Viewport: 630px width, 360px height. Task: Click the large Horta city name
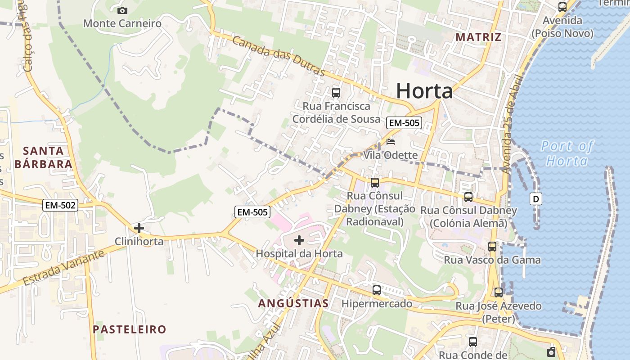[424, 91]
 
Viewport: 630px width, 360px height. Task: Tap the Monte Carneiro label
[122, 23]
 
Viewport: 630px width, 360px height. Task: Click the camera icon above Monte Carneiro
[122, 10]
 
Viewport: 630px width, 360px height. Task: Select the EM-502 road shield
[61, 206]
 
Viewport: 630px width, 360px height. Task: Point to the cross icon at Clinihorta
[139, 228]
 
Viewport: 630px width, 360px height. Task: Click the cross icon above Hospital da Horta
[299, 240]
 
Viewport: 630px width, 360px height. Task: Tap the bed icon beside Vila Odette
[391, 142]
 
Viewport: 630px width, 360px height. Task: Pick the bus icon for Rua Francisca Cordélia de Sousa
[336, 93]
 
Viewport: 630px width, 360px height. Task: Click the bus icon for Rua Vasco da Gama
[492, 247]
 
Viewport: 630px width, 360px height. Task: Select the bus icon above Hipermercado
[377, 290]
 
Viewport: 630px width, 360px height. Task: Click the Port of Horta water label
[567, 153]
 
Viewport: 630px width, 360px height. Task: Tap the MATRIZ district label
[478, 37]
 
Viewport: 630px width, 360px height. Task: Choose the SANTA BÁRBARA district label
[43, 157]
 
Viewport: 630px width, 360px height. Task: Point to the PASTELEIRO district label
[130, 329]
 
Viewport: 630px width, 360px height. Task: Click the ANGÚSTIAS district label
[293, 303]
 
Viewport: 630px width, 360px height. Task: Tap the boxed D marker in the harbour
[536, 198]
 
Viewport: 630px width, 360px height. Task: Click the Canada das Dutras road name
[279, 56]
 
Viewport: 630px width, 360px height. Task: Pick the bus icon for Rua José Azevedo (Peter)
[499, 292]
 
